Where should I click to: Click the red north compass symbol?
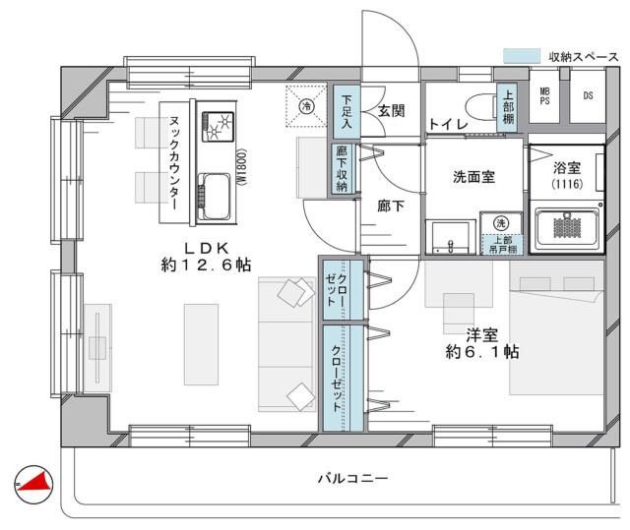33,484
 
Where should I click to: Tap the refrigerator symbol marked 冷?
306,106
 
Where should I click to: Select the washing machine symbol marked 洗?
501,222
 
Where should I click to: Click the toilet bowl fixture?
481,107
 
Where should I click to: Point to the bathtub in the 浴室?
567,229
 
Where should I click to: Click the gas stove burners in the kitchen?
218,126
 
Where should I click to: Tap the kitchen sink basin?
215,197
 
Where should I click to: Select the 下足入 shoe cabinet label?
346,111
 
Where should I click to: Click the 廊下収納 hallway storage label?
342,168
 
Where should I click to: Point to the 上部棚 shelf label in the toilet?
508,107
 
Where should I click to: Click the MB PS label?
544,96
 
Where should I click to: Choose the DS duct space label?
588,95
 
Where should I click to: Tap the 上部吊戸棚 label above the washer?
503,245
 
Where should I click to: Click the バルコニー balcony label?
353,478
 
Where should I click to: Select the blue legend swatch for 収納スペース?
522,56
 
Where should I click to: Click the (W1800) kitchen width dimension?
241,166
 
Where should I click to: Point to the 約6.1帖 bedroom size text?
482,352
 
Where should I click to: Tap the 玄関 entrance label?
392,111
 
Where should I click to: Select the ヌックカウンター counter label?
174,163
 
